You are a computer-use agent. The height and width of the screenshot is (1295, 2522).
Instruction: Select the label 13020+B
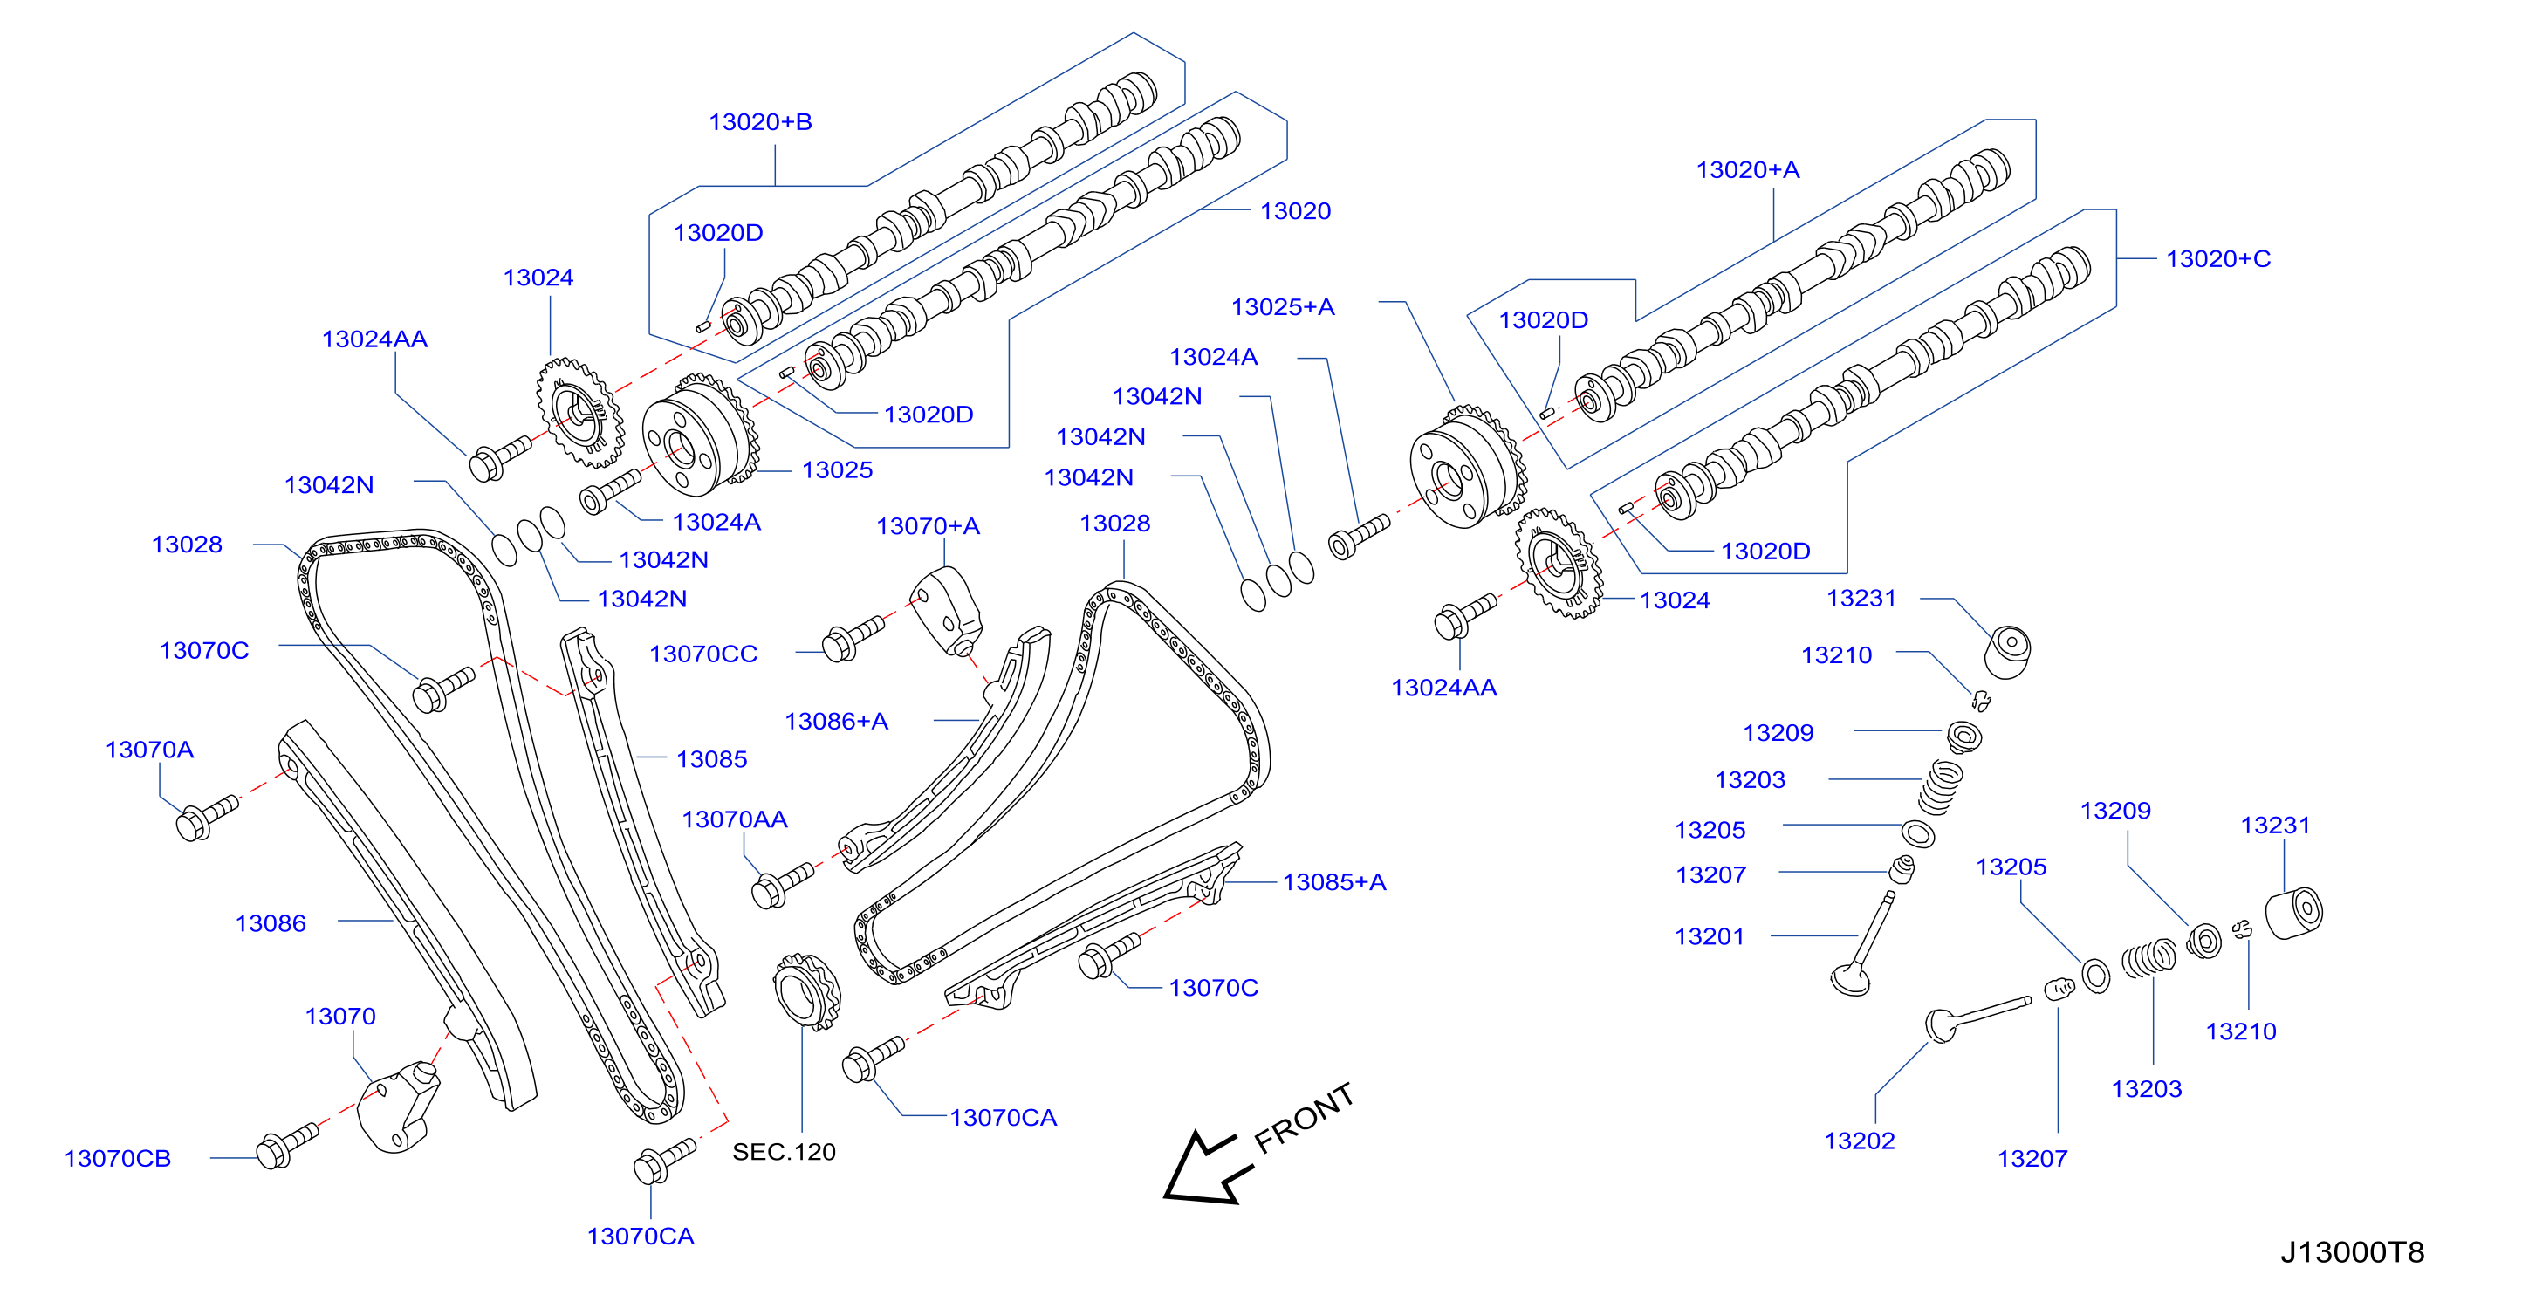click(x=760, y=122)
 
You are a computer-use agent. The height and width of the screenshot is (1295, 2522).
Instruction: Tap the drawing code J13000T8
click(x=2352, y=1252)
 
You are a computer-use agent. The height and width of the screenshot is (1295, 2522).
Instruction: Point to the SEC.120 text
click(x=784, y=1151)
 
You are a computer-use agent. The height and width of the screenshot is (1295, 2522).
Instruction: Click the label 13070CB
click(x=118, y=1158)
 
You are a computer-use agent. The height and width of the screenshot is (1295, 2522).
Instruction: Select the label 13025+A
click(x=1283, y=307)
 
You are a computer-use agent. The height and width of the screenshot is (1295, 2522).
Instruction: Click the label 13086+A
click(x=836, y=722)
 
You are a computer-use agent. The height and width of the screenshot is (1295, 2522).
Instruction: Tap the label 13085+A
click(x=1334, y=882)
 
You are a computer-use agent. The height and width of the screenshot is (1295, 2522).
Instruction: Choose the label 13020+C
click(x=2218, y=258)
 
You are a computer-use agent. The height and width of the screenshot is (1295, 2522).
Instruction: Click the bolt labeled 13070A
click(x=207, y=818)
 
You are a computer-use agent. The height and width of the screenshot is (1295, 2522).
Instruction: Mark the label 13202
click(x=1859, y=1141)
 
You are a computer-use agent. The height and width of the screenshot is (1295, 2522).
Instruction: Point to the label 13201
click(x=1710, y=936)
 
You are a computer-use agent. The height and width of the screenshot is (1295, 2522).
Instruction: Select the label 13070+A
click(x=927, y=526)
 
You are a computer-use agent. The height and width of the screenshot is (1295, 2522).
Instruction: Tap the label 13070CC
click(x=703, y=654)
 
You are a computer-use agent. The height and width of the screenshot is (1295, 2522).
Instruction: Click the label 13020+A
click(x=1748, y=170)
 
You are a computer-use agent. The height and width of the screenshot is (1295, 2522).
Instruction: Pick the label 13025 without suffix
click(x=837, y=469)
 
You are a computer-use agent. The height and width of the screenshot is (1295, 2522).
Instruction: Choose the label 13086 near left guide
click(x=271, y=923)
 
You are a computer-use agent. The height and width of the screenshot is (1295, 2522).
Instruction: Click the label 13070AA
click(x=734, y=819)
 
